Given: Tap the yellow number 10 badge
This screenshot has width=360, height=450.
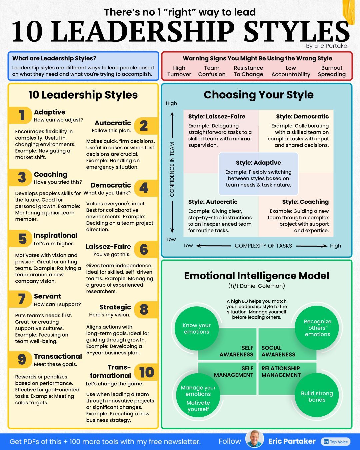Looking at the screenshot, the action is [146, 372].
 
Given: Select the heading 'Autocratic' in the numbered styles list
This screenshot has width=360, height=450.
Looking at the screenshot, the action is [113, 123].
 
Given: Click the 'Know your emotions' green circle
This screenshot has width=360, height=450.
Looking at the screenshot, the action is [197, 329].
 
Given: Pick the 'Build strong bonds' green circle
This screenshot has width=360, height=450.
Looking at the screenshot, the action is [317, 395].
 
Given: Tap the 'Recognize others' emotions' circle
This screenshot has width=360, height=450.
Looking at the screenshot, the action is [317, 328].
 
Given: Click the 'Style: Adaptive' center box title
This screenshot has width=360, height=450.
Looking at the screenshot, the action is [258, 163].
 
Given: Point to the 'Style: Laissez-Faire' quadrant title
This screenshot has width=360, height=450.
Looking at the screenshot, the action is [217, 116].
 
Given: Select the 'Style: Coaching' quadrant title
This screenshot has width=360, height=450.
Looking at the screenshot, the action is [305, 202].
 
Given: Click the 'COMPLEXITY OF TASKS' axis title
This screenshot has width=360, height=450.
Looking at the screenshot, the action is [263, 246].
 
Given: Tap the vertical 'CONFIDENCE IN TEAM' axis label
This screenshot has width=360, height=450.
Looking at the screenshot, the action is [172, 169].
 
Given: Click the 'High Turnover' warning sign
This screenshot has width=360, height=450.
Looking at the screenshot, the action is [179, 71].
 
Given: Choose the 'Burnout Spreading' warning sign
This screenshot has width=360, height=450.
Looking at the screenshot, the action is [332, 71].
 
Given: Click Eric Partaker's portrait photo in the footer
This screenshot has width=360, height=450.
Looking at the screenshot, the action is [254, 439].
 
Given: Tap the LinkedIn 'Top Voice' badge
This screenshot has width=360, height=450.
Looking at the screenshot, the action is [336, 442].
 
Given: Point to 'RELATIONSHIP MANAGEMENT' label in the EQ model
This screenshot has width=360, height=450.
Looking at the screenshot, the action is [281, 372].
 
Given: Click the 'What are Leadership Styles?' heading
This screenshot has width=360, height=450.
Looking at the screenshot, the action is [54, 58].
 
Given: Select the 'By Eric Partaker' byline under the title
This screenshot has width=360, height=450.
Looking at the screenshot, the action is [328, 46].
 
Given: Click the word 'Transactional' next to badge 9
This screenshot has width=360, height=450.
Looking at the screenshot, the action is [58, 356].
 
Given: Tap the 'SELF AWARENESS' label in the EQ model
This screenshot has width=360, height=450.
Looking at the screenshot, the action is [236, 351].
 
